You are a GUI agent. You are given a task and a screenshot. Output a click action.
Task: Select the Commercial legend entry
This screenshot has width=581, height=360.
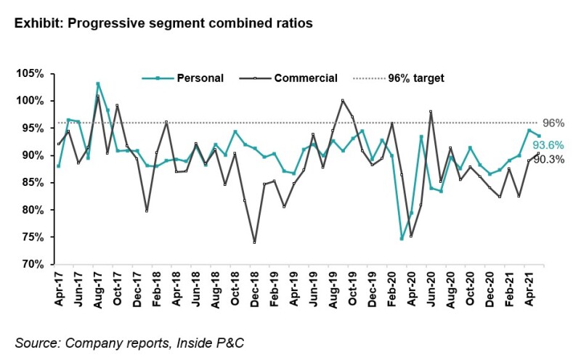point(305,78)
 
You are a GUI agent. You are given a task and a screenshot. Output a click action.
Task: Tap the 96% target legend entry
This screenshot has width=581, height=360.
point(416,78)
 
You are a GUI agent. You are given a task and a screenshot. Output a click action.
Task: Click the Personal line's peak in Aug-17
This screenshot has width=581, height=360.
point(98,84)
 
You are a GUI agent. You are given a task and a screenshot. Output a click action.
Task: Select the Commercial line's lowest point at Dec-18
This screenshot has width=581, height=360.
point(255,242)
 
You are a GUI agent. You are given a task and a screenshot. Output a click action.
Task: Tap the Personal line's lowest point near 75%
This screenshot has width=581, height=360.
point(402,238)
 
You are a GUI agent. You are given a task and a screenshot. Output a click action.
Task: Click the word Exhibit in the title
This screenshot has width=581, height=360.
point(36,23)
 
